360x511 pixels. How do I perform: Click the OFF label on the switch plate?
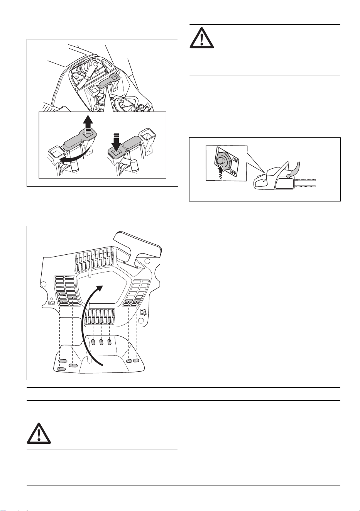pyautogui.click(x=233, y=172)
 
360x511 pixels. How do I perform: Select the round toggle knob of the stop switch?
pyautogui.click(x=221, y=161)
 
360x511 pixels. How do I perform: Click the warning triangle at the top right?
pyautogui.click(x=201, y=38)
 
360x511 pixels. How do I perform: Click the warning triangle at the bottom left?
pyautogui.click(x=39, y=433)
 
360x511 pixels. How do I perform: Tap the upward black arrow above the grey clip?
pyautogui.click(x=88, y=125)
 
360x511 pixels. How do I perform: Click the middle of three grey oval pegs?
pyautogui.click(x=101, y=342)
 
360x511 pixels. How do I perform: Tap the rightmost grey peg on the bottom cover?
pyautogui.click(x=136, y=360)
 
